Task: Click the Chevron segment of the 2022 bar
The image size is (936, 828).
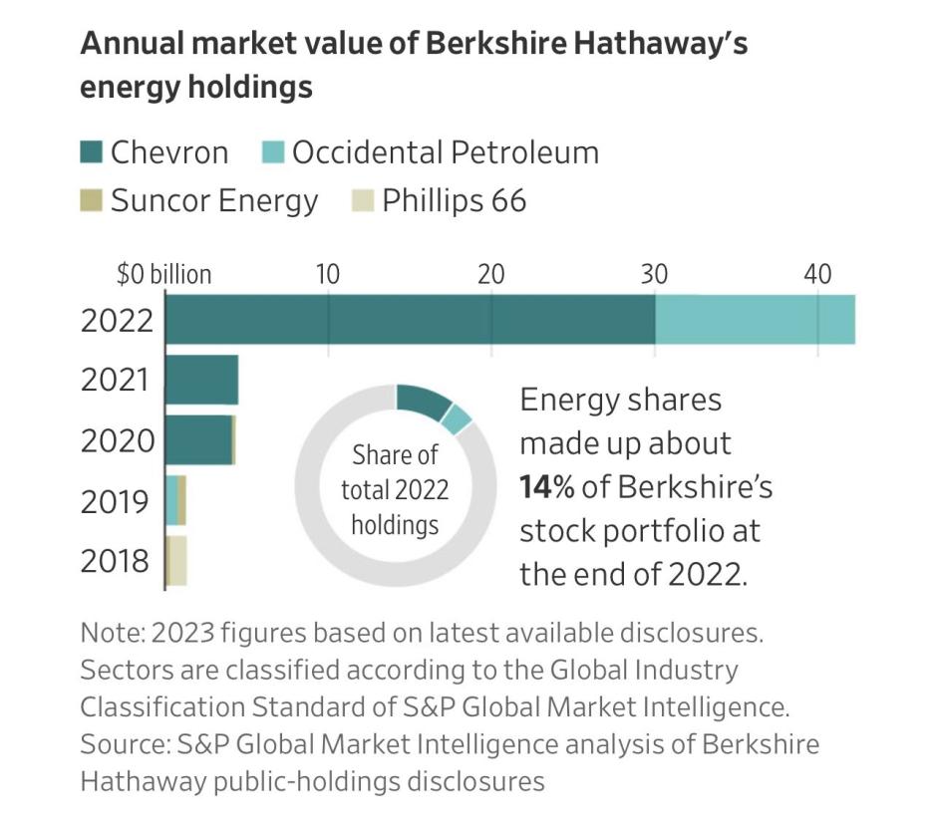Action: [409, 319]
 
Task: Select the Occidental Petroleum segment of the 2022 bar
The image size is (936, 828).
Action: [755, 319]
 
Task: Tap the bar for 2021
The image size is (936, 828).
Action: [201, 380]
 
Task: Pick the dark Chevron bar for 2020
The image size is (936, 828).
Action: [197, 439]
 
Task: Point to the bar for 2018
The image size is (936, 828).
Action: [176, 560]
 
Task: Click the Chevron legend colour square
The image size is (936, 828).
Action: [91, 152]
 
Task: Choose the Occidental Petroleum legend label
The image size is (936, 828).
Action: [445, 152]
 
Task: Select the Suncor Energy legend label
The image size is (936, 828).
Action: [213, 201]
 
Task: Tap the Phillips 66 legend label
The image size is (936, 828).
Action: [454, 201]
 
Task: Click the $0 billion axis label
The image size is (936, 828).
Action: [163, 274]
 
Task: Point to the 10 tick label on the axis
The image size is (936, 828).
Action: [327, 274]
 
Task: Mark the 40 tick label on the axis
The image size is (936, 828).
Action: [817, 274]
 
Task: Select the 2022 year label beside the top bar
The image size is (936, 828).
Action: [118, 320]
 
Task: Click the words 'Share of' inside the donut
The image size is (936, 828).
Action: [395, 455]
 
